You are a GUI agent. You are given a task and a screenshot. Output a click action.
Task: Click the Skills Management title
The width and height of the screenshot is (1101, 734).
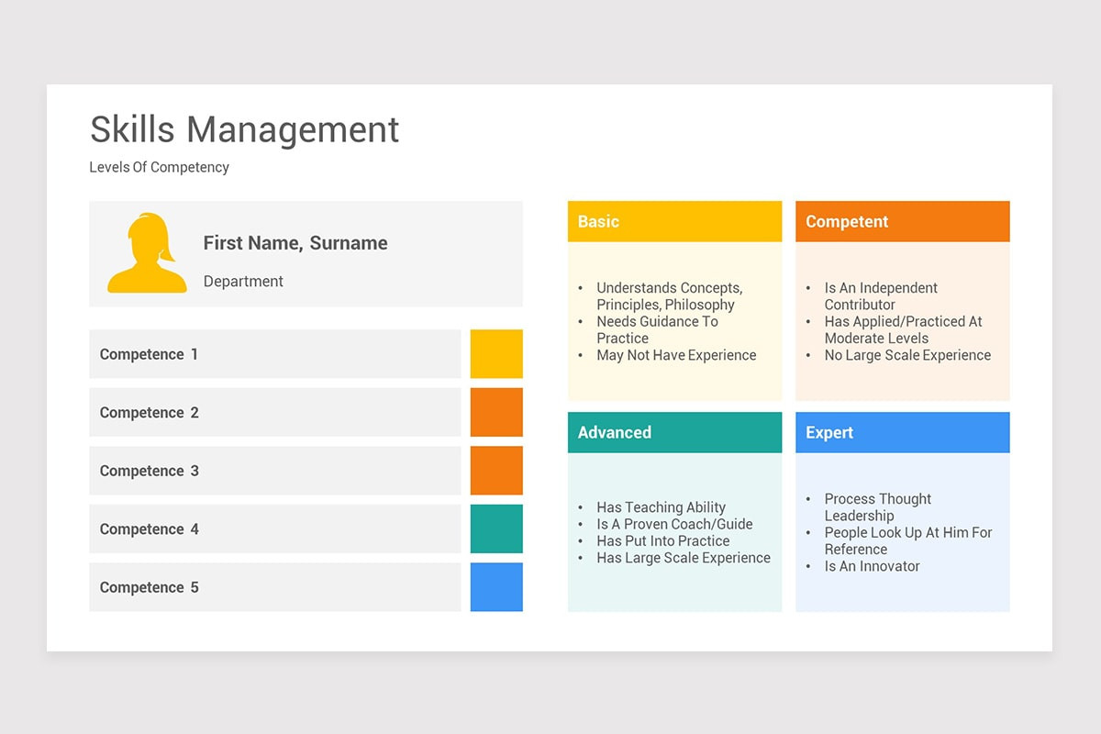point(244,129)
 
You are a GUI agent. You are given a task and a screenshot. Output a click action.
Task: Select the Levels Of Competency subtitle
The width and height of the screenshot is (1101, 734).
point(159,167)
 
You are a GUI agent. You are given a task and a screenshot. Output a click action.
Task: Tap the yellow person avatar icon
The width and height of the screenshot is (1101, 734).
point(147,254)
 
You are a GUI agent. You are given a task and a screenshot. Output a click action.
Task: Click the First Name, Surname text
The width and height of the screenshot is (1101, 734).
point(295,243)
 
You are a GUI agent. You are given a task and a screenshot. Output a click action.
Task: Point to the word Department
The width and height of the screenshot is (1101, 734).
point(243,282)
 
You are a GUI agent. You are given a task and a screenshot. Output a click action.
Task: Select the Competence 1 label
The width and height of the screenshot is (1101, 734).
point(149,354)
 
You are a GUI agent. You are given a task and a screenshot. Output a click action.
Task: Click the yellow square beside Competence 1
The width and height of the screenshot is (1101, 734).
point(496,354)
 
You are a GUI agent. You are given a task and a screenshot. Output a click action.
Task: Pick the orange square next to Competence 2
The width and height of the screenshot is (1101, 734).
point(496,412)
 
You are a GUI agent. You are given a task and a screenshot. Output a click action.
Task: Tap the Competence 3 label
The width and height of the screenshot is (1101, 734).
point(149,471)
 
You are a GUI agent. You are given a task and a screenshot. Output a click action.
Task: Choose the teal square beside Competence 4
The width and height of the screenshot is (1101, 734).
point(496,528)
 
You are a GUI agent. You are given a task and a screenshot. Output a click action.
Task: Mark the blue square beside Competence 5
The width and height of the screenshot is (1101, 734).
point(496,587)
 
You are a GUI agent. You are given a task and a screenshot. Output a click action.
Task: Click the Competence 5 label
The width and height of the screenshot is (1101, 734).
point(149,587)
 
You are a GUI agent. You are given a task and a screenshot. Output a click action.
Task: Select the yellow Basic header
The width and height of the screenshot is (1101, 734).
point(674,221)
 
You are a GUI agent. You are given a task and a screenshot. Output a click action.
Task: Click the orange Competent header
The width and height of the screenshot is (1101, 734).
point(902,221)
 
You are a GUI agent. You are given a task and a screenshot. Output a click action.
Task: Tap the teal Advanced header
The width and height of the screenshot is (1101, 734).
point(674,432)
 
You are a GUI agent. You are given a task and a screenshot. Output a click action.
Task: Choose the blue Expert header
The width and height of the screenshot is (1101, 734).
point(902,432)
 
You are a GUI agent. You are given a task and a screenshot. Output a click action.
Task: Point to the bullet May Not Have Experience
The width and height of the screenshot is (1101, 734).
point(676,355)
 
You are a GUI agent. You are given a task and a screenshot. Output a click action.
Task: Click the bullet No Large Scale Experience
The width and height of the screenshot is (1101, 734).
point(907,355)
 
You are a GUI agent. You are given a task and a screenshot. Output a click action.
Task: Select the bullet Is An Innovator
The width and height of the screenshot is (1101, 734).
point(872,566)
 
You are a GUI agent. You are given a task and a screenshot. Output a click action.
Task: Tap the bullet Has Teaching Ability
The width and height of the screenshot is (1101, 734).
point(661,507)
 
